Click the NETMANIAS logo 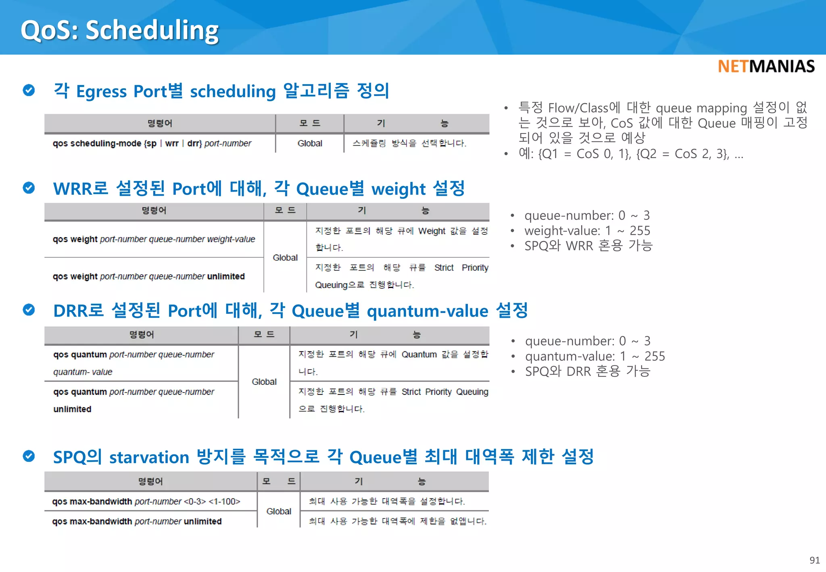coord(766,67)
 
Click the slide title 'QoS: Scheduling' coord(119,30)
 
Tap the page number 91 coord(814,560)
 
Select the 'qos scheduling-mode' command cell coord(152,144)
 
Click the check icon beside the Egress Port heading coord(29,90)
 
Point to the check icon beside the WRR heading coord(29,188)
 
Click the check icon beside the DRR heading coord(29,310)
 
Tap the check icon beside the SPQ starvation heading coord(29,456)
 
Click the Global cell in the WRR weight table coord(285,257)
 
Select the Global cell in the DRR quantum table coord(264,382)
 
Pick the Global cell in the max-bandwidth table coord(279,511)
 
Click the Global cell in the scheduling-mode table coord(310,144)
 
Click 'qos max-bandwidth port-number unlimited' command coord(137,521)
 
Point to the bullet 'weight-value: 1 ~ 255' coord(587,231)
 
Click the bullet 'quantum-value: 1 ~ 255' coord(594,356)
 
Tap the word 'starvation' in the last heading coord(149,457)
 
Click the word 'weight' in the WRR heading coord(398,189)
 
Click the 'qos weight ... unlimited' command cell coord(148,276)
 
